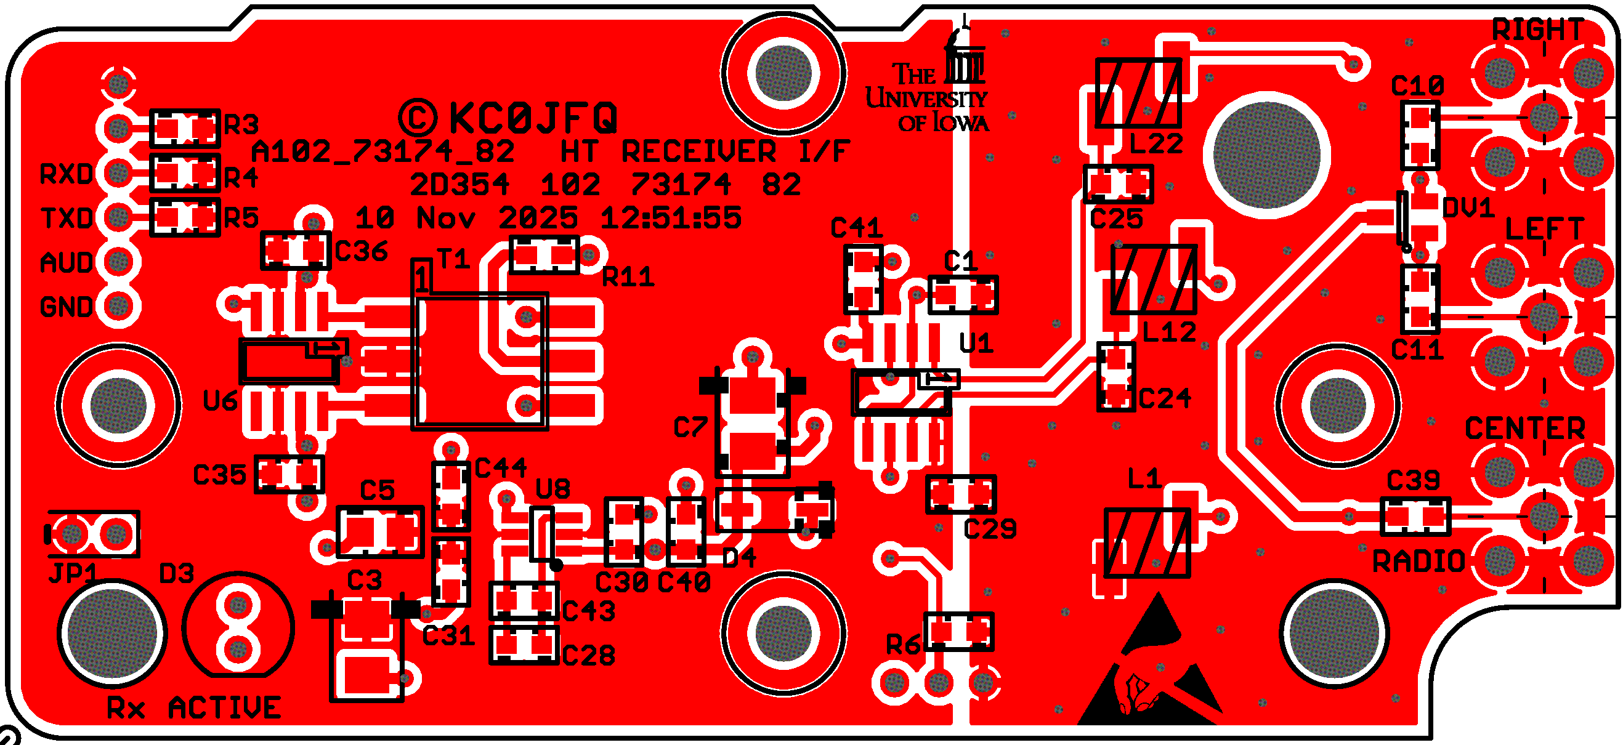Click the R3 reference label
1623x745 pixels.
(241, 125)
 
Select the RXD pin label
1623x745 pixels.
(67, 174)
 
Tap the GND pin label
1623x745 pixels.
(67, 307)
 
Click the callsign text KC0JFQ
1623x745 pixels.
(532, 118)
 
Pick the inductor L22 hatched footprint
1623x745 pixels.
(1138, 93)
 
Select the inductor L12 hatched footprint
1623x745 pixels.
(1153, 280)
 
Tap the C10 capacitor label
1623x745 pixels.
(1417, 86)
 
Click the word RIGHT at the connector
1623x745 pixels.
(1538, 30)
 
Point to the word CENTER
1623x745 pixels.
(1524, 429)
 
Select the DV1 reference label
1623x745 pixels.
(1468, 208)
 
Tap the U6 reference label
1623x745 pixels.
(220, 401)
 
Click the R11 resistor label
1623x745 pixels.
(628, 277)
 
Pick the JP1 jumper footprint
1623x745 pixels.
(94, 534)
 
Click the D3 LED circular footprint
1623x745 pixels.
(238, 627)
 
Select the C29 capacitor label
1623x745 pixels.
(990, 530)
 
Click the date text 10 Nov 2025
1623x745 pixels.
(466, 219)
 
